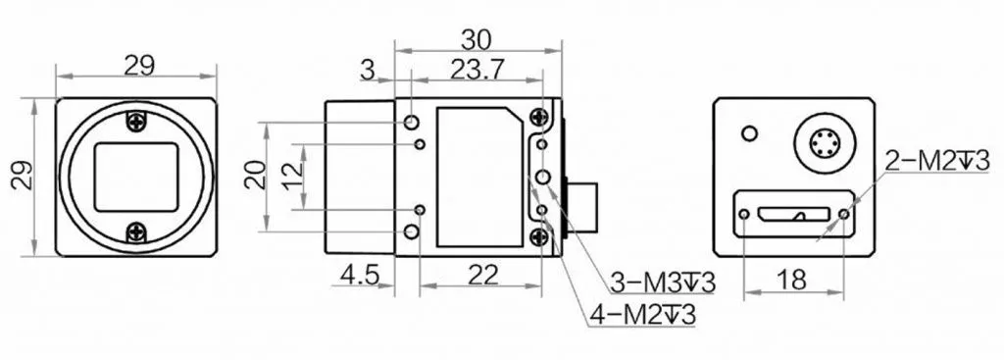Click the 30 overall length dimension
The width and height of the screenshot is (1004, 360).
pyautogui.click(x=477, y=39)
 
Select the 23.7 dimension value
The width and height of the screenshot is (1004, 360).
pyautogui.click(x=477, y=70)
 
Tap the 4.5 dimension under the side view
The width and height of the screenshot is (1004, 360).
pyautogui.click(x=360, y=275)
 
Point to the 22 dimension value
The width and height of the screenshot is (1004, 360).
pyautogui.click(x=482, y=275)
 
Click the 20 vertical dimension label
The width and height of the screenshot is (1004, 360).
pyautogui.click(x=256, y=175)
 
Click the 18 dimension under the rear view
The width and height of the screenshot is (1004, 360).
pyautogui.click(x=793, y=280)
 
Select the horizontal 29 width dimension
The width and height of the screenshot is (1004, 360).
pyautogui.click(x=139, y=66)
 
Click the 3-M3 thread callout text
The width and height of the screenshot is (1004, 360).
pyautogui.click(x=662, y=282)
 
